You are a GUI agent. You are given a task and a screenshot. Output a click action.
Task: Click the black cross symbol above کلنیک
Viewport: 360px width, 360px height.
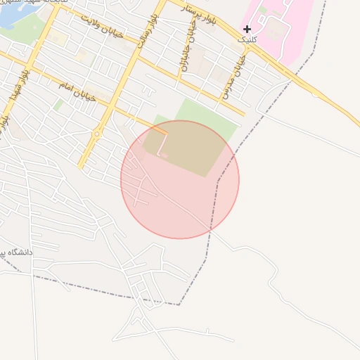click(247, 29)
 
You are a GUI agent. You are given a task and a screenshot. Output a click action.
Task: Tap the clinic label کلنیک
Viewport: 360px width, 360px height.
click(248, 39)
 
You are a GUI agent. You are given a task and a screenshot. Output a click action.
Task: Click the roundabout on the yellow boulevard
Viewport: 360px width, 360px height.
click(97, 132)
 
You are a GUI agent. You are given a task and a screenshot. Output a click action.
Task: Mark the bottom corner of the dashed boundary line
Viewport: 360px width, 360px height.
click(179, 304)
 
